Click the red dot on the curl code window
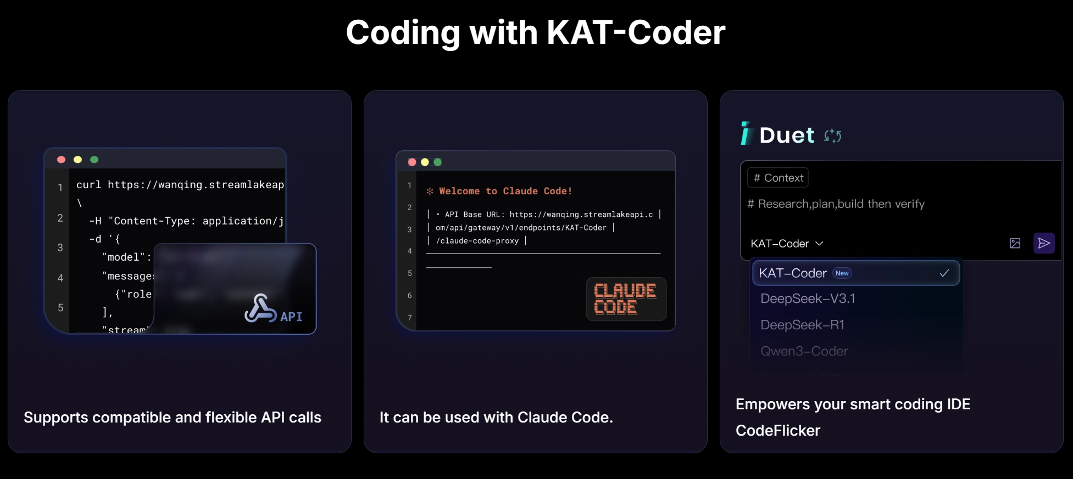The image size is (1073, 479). point(62,160)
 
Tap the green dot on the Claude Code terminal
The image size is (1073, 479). point(437,162)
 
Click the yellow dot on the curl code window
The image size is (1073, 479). point(78,160)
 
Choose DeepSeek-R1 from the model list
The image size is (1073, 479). point(802,325)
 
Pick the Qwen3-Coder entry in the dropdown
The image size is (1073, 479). point(804,351)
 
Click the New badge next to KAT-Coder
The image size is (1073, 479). point(842,273)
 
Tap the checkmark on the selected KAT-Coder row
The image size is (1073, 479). point(944,273)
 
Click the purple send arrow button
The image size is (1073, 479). point(1044,243)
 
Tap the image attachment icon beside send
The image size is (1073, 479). point(1015,243)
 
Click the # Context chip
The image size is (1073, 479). point(777,178)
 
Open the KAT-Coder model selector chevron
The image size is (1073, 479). point(819,243)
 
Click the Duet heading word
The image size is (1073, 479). point(787,136)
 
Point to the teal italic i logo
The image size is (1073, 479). point(746,133)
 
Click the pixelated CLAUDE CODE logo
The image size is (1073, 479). point(626,299)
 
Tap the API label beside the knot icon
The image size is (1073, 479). point(291,317)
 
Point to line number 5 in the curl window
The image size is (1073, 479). point(60,308)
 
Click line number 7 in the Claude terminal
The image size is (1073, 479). point(409,318)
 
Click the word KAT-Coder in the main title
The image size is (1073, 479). point(636,33)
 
